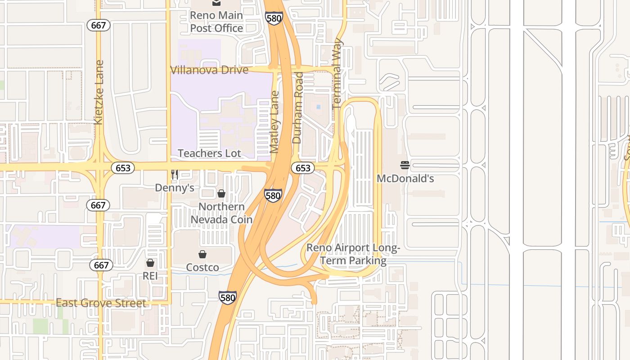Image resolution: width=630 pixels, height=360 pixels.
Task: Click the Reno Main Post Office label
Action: tap(216, 22)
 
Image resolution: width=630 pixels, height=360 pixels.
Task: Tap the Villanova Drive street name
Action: tap(209, 70)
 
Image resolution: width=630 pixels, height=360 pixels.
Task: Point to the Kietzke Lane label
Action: tap(99, 92)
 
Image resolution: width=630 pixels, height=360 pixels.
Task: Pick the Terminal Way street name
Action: tap(337, 74)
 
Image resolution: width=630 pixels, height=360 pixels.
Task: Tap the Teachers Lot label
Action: tap(209, 153)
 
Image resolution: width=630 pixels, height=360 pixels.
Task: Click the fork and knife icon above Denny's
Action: tap(175, 175)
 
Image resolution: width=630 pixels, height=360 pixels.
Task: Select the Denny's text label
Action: tap(175, 188)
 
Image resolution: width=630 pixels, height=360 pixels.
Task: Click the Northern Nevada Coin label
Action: tap(221, 213)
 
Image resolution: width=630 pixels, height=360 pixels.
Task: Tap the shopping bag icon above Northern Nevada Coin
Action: tap(221, 193)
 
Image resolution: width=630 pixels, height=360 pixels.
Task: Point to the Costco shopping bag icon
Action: tap(202, 254)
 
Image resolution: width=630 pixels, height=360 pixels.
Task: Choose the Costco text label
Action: tap(202, 267)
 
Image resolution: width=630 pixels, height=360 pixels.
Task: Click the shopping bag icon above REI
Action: tap(150, 263)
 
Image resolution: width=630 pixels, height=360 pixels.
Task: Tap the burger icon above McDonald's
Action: tap(405, 165)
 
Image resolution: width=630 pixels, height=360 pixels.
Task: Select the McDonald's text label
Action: tap(405, 179)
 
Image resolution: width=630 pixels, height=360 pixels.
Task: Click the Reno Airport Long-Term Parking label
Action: tap(353, 254)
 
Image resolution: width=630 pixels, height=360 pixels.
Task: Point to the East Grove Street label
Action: tap(101, 303)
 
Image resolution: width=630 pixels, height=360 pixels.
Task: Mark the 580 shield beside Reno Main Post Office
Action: tap(274, 18)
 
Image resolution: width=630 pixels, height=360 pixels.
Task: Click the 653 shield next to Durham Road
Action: tap(303, 168)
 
